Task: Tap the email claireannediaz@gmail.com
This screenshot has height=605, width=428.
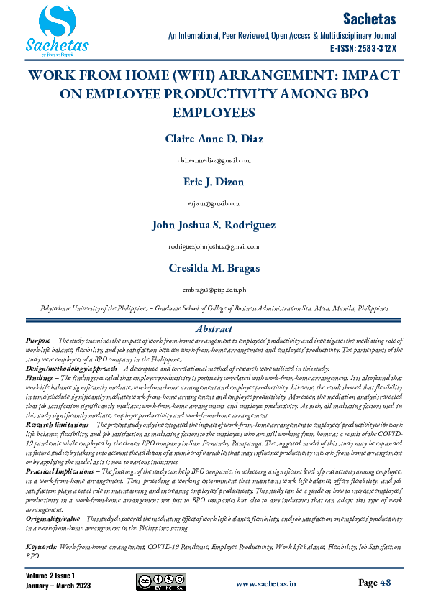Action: [x=214, y=160]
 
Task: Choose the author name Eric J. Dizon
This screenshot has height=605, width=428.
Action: [x=214, y=183]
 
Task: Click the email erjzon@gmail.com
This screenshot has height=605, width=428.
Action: [x=214, y=203]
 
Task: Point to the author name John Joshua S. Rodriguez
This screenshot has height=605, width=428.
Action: [x=214, y=225]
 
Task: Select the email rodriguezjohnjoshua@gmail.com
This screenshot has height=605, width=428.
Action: [x=214, y=246]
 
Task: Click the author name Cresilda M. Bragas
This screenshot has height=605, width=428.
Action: [x=214, y=269]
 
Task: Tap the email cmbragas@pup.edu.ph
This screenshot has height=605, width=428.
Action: [x=214, y=290]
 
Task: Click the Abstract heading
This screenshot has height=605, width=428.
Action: [x=214, y=328]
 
